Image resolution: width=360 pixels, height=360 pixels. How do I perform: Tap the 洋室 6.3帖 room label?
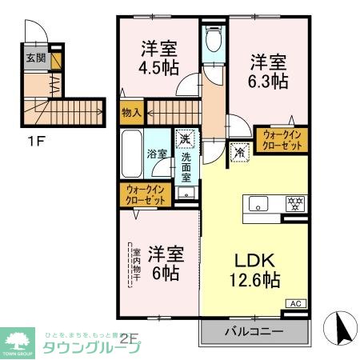click(x=268, y=70)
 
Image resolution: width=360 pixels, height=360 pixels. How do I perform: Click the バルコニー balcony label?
click(x=254, y=330)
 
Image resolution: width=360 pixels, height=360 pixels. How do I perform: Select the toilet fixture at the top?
click(x=213, y=39)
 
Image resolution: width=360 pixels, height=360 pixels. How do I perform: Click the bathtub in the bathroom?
click(x=131, y=155)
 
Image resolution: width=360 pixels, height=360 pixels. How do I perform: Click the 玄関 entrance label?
click(x=34, y=58)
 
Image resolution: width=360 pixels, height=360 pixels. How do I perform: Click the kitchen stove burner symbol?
click(x=294, y=203)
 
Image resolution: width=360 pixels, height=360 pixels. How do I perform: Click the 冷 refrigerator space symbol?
click(x=238, y=150)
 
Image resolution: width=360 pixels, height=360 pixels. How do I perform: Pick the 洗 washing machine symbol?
click(x=184, y=139)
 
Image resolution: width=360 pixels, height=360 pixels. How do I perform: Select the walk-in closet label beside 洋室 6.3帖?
click(x=281, y=141)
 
